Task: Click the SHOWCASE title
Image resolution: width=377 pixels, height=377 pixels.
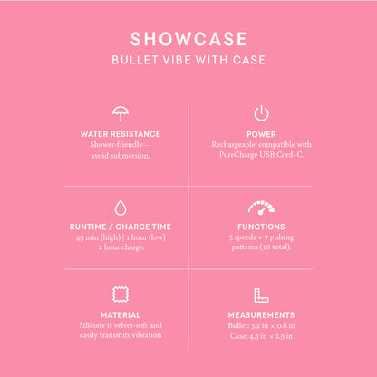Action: coord(188,40)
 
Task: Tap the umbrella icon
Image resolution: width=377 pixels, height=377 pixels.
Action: coord(120,114)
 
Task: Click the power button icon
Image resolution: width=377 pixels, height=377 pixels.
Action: coord(261,114)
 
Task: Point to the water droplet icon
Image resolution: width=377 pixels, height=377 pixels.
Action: coord(120,208)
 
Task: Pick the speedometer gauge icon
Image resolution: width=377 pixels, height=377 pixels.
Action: coord(261,208)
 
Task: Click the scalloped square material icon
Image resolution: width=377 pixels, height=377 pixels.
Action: coord(120,295)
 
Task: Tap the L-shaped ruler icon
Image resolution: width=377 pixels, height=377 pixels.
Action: coord(261,295)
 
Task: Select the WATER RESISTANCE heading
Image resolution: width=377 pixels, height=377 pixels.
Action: coord(120,133)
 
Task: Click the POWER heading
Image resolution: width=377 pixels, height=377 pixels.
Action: coord(261,133)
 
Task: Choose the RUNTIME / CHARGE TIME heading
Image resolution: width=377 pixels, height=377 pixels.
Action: coord(120,227)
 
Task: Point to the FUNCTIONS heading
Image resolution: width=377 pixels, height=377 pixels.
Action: coord(261,227)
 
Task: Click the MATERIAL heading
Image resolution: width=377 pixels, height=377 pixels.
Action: coord(120,315)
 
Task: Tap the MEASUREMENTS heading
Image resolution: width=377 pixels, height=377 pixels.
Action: coord(261,315)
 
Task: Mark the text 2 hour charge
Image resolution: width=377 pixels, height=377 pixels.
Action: coord(120,248)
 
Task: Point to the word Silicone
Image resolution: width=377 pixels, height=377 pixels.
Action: coord(93,325)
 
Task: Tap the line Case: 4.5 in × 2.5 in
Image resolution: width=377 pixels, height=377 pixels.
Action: coord(261,336)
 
